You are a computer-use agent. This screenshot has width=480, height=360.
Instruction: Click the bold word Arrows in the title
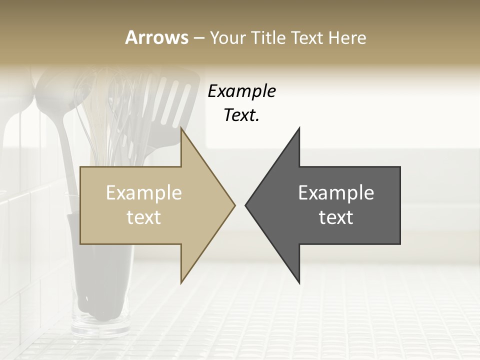pos(156,37)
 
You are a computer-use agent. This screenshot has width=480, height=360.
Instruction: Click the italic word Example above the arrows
pos(241,91)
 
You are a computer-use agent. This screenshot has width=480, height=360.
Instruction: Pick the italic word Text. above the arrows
pos(241,115)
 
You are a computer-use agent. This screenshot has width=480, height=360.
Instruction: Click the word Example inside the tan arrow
pos(144,193)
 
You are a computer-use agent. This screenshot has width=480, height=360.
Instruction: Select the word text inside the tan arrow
pos(144,217)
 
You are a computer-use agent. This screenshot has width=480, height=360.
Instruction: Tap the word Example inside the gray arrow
pos(336,193)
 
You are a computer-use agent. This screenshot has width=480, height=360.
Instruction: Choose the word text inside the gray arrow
pos(336,217)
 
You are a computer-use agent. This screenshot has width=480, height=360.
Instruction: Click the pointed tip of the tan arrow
pos(234,205)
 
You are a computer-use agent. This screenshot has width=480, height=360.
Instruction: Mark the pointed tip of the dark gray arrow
pos(246,205)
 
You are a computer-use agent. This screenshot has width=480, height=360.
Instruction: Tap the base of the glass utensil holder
pos(100,325)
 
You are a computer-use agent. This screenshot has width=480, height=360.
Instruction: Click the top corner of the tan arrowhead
pos(181,129)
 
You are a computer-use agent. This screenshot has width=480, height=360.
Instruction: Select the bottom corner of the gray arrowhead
pos(299,282)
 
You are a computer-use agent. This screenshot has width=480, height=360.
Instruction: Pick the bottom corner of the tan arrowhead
pos(181,282)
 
